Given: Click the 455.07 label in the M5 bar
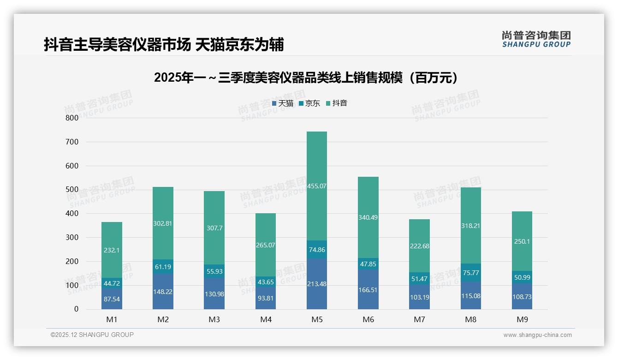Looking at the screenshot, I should click(317, 186).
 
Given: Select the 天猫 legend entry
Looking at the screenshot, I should click(283, 103).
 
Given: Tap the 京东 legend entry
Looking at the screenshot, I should click(309, 103).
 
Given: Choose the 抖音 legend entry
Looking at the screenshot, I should click(337, 103).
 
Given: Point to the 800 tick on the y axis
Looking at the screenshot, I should click(72, 118).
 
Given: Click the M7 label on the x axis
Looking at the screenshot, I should click(419, 319).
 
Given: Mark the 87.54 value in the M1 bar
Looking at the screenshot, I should click(112, 299).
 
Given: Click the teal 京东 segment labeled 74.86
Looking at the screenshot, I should click(317, 250).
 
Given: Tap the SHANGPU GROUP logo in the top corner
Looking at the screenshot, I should click(536, 39).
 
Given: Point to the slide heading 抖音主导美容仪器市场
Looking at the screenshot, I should click(164, 44).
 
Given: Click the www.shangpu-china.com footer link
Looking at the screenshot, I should click(537, 335).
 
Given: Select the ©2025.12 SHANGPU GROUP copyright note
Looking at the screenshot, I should click(92, 335).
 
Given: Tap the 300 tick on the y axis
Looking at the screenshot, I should click(72, 237).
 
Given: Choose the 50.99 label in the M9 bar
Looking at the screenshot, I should click(522, 277).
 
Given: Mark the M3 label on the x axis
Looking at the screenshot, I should click(214, 319).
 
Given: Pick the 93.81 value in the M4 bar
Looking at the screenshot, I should click(266, 298).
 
